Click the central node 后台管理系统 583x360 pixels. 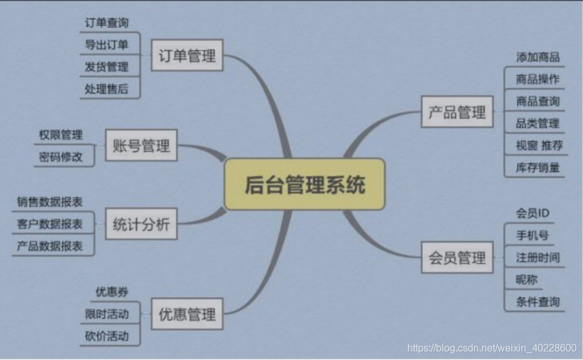(x=305, y=184)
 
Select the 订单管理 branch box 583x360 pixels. (x=187, y=55)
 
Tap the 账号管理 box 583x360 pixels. (x=141, y=146)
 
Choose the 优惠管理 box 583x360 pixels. (x=187, y=314)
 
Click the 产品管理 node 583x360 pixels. (x=457, y=112)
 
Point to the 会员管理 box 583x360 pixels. (x=457, y=257)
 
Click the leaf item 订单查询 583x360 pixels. (x=107, y=22)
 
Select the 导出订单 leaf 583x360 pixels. (x=107, y=44)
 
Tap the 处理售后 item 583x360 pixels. (x=107, y=88)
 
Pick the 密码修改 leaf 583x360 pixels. (x=60, y=157)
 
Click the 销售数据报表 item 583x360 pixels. (x=50, y=202)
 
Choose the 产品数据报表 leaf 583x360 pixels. (x=50, y=246)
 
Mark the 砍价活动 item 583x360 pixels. (x=107, y=336)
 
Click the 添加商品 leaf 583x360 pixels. (x=538, y=57)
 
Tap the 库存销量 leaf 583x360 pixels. (x=538, y=167)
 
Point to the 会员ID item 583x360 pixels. (x=533, y=213)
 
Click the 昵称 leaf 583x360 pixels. (x=526, y=280)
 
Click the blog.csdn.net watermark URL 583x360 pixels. (x=491, y=348)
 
